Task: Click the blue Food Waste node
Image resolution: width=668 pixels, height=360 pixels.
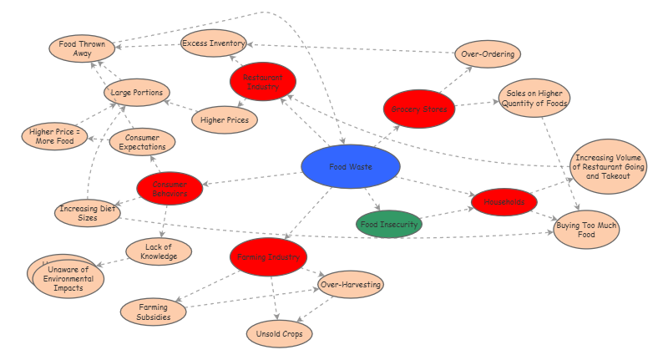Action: [352, 168]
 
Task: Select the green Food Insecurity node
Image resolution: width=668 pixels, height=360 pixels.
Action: [388, 224]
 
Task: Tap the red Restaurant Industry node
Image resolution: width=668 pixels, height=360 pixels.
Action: [263, 82]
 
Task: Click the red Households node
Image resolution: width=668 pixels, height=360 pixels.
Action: [504, 202]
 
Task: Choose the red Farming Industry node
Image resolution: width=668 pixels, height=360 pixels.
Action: [268, 257]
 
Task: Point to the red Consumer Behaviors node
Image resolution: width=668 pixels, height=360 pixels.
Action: [170, 189]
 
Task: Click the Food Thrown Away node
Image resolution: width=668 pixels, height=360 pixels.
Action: [82, 47]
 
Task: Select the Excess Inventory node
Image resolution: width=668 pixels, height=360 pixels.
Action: [214, 43]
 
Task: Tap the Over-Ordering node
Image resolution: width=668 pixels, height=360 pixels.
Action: [488, 55]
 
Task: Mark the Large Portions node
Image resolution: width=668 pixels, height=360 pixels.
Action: [137, 92]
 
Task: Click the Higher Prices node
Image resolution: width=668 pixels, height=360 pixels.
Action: [225, 120]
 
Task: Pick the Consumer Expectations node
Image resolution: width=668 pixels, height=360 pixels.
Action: [142, 142]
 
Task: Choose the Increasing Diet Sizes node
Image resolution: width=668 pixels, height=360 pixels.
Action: [88, 212]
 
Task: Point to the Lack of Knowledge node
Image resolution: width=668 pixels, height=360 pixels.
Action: [159, 251]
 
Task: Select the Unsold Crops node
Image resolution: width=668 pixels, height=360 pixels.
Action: [280, 334]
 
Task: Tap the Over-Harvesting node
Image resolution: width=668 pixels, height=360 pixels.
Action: [351, 285]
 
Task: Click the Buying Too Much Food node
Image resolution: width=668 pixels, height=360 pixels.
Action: [587, 231]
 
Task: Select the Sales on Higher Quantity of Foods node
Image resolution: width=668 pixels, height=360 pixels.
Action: [534, 99]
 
